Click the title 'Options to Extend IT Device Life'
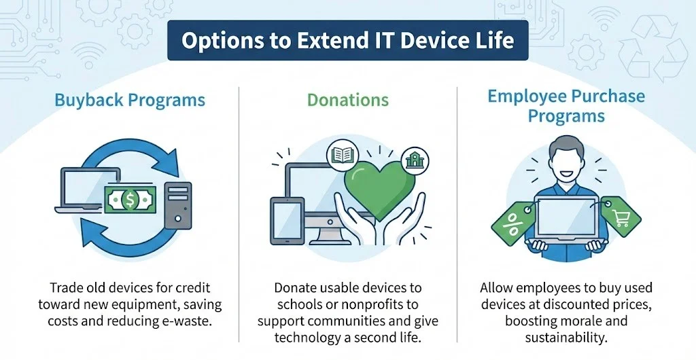tap(347, 41)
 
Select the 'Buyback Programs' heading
tap(130, 101)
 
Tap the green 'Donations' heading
tap(348, 101)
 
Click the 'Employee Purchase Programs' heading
tap(566, 105)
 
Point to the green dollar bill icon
tap(130, 198)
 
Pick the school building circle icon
tap(412, 160)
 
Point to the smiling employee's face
tap(566, 158)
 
